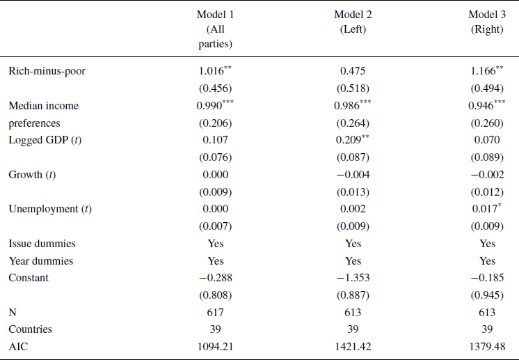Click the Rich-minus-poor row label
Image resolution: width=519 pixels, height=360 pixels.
pyautogui.click(x=47, y=71)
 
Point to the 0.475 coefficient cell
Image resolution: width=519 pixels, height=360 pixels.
pyautogui.click(x=353, y=71)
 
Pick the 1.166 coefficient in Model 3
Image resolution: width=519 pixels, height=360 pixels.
pyautogui.click(x=484, y=71)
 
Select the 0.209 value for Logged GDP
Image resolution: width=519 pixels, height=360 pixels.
pyautogui.click(x=350, y=139)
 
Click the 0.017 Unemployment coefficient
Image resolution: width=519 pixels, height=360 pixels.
pyautogui.click(x=485, y=209)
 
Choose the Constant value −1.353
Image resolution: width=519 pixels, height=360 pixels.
pyautogui.click(x=353, y=278)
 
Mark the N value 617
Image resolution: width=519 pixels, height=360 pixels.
pyautogui.click(x=215, y=312)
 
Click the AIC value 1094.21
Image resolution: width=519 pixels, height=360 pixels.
pyautogui.click(x=215, y=346)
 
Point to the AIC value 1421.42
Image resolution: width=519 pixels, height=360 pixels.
pyautogui.click(x=353, y=346)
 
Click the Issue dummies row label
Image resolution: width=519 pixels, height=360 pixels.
pyautogui.click(x=42, y=244)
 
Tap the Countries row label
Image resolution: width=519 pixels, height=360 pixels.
pyautogui.click(x=30, y=329)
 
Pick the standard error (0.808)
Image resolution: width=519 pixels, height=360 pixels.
pyautogui.click(x=215, y=295)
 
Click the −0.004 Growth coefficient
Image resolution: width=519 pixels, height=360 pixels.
pyautogui.click(x=353, y=174)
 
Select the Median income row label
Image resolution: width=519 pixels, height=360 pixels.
pyautogui.click(x=43, y=106)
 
